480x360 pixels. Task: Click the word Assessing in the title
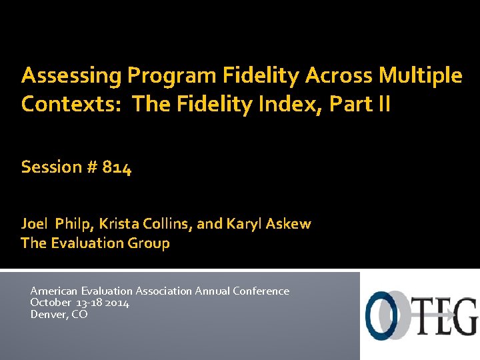(71, 76)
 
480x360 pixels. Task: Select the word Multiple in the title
(421, 76)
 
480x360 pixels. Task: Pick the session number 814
(117, 167)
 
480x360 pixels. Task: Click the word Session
(51, 167)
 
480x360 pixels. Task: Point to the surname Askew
(289, 224)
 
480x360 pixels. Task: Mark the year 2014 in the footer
(117, 303)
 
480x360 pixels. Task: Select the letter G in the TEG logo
(465, 317)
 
